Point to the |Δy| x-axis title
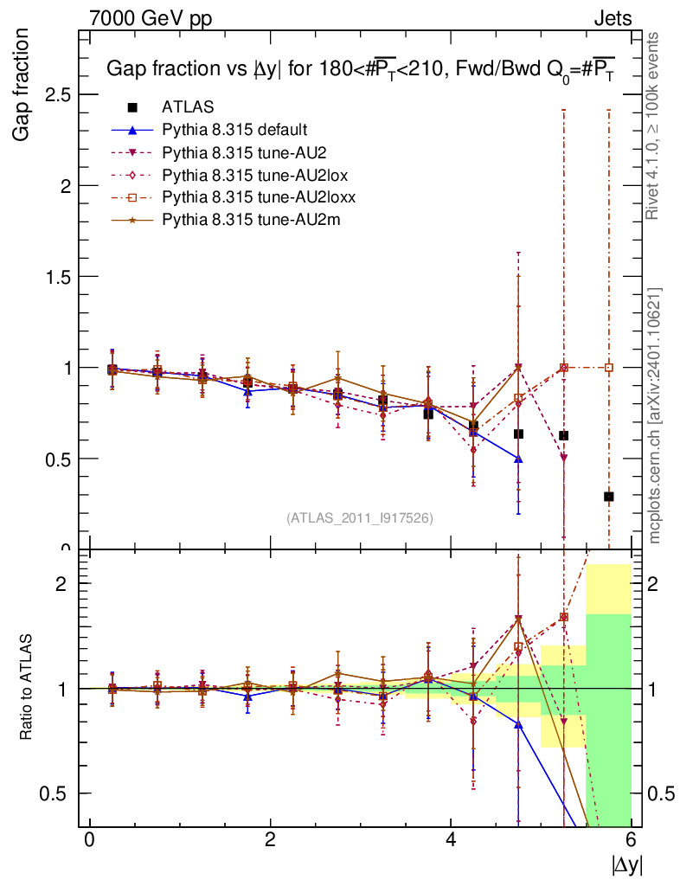coord(627,864)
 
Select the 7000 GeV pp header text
coord(151,17)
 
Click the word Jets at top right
coord(612,17)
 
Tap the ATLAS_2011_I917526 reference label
coord(360,518)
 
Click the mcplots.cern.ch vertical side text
coord(655,415)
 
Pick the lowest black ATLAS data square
coord(609,497)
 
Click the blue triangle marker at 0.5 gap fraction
coord(518,459)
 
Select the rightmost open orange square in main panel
coord(609,367)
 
